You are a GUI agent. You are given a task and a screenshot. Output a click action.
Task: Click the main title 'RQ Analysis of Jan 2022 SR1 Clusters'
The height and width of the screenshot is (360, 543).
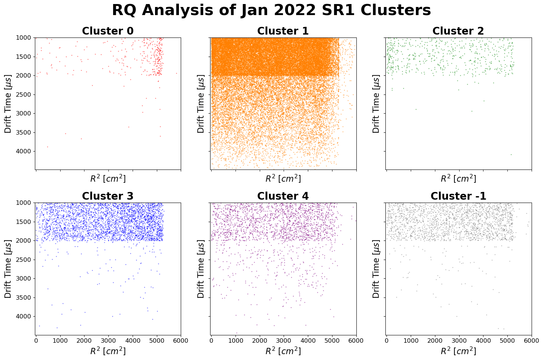(x=271, y=10)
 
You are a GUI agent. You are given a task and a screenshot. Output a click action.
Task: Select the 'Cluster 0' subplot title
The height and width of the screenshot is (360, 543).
(x=108, y=31)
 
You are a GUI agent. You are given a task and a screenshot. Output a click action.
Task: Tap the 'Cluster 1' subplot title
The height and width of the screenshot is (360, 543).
(x=283, y=31)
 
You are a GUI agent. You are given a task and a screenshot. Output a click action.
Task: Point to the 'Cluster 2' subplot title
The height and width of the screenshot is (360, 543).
(x=458, y=31)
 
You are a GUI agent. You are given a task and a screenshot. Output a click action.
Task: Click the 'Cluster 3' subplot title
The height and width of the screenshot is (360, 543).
(x=108, y=196)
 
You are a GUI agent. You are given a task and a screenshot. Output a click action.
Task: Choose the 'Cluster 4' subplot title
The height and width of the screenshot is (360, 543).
(x=283, y=196)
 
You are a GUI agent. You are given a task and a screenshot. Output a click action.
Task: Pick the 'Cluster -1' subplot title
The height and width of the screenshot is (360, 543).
(x=458, y=196)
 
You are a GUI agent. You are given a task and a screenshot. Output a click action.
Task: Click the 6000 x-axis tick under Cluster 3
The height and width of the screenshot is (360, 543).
(x=181, y=341)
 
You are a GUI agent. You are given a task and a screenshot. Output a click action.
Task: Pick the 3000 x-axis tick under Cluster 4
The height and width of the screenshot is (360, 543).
(x=283, y=341)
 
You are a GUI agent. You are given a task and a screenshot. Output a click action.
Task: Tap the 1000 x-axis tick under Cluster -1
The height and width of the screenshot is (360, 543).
(x=410, y=341)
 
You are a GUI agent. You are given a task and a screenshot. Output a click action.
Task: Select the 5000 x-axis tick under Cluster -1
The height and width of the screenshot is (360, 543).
(x=507, y=341)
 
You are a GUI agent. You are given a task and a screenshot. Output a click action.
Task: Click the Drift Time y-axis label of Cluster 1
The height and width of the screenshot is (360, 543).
(x=201, y=103)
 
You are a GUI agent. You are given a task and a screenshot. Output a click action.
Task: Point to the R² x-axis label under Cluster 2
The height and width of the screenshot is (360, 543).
(x=458, y=179)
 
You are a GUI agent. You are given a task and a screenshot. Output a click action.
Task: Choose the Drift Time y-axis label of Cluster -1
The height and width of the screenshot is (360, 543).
(x=376, y=268)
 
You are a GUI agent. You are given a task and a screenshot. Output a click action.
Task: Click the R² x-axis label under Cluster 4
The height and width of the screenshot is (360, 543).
(x=283, y=352)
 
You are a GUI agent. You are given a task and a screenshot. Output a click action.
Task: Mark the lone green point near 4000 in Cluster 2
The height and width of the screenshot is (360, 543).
(x=511, y=154)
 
